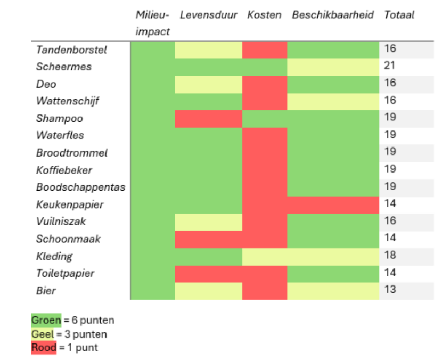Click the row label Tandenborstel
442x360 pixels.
click(71, 50)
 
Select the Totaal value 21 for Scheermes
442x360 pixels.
click(390, 66)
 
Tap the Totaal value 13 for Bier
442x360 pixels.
click(390, 290)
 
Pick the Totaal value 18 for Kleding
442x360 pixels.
click(390, 256)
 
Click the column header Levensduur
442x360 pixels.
click(208, 15)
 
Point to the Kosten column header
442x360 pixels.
click(264, 15)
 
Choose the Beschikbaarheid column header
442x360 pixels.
click(333, 15)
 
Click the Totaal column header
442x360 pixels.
click(399, 15)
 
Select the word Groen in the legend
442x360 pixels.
click(46, 320)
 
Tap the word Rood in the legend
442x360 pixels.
click(44, 348)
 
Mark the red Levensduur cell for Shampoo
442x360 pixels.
click(208, 119)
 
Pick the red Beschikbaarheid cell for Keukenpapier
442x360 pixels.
click(333, 204)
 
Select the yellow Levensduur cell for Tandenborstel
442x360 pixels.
click(208, 50)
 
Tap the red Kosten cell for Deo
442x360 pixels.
click(264, 84)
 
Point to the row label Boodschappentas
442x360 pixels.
click(80, 187)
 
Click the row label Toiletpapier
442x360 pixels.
click(65, 273)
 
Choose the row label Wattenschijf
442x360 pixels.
click(67, 101)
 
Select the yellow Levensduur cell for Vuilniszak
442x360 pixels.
click(208, 222)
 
